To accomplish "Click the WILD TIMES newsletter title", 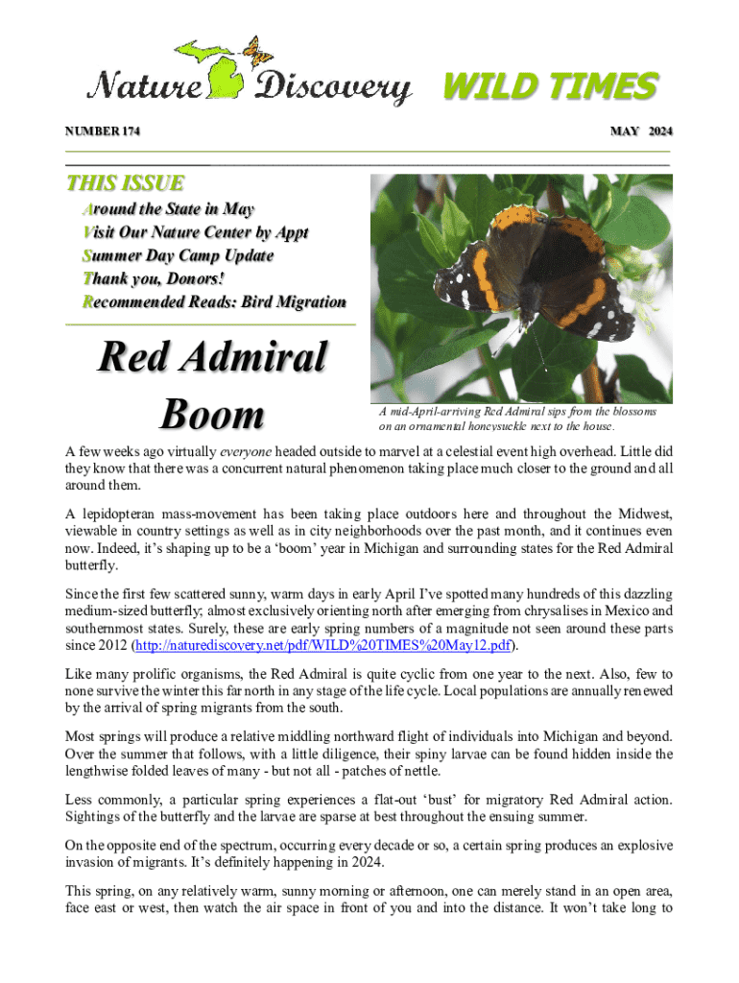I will pyautogui.click(x=549, y=87).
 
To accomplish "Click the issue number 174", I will pyautogui.click(x=126, y=131).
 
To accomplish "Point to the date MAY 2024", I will pyautogui.click(x=641, y=131).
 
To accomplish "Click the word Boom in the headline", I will pyautogui.click(x=211, y=415).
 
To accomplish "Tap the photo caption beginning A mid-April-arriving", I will pyautogui.click(x=518, y=419).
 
